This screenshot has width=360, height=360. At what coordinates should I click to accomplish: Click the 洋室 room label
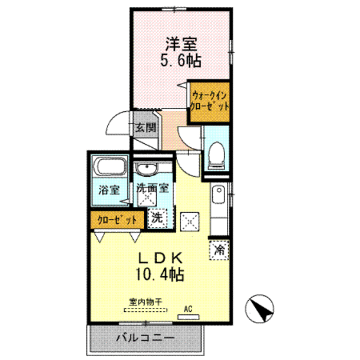pyautogui.click(x=181, y=44)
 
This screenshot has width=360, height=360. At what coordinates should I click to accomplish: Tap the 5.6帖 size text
pyautogui.click(x=181, y=61)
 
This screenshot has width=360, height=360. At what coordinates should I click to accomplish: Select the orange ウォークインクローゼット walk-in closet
pyautogui.click(x=208, y=102)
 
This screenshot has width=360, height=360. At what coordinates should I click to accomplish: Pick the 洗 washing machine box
pyautogui.click(x=156, y=217)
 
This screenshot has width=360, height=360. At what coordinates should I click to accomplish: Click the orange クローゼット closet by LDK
pyautogui.click(x=116, y=219)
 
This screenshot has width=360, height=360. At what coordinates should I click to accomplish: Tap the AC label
pyautogui.click(x=188, y=309)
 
